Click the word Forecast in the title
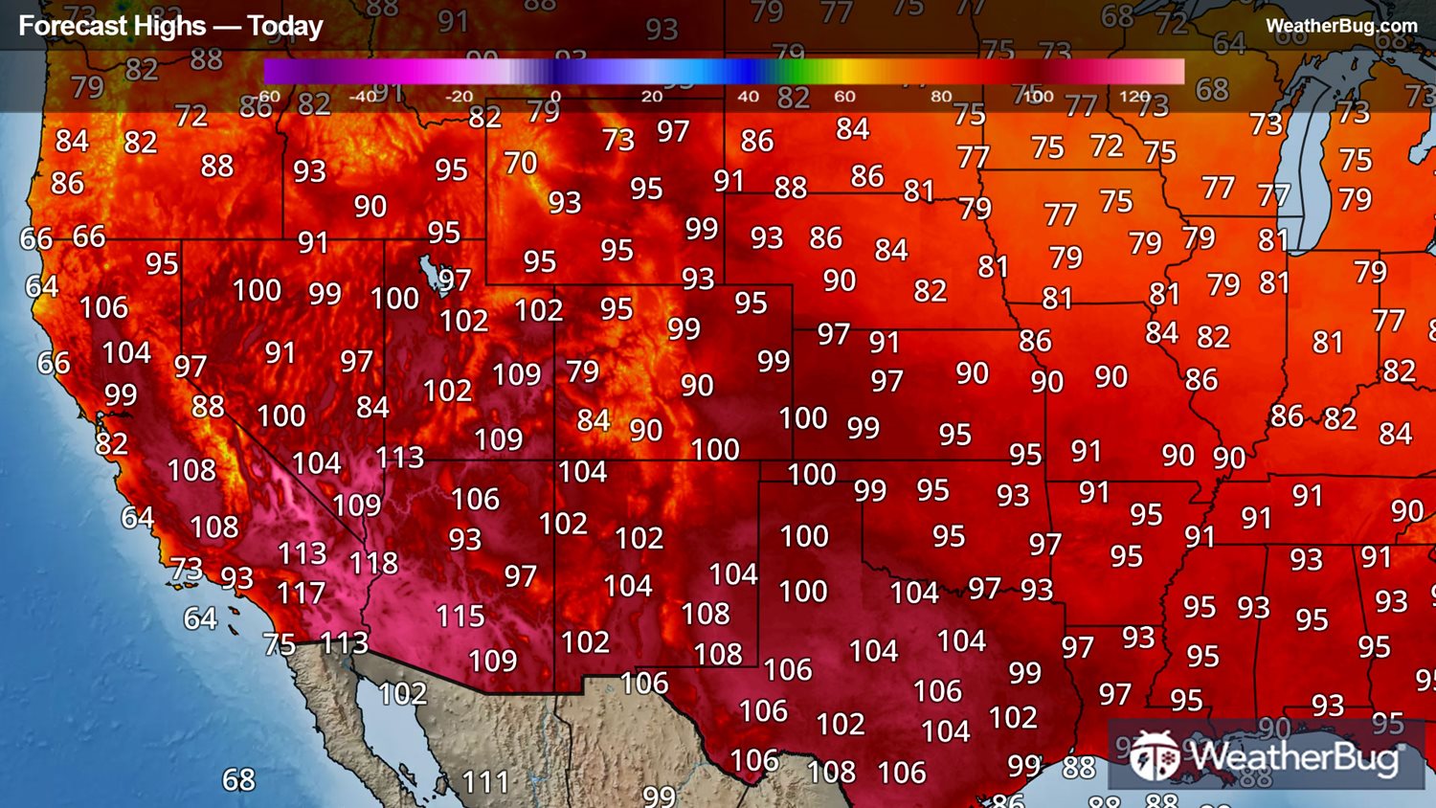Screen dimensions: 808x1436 [x=63, y=26]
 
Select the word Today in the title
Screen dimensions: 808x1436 [x=284, y=26]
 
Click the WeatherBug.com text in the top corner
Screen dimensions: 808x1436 [x=1340, y=26]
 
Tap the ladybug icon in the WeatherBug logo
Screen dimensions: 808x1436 [x=1155, y=756]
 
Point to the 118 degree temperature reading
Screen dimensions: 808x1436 [x=373, y=563]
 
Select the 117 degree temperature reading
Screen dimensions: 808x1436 [x=301, y=594]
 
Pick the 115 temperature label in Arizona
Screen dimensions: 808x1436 [x=460, y=616]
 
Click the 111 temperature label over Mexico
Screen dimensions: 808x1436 [x=485, y=782]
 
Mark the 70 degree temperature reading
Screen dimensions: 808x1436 [x=521, y=163]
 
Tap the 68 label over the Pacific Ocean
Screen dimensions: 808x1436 [x=238, y=780]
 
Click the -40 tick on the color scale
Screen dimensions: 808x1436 [x=362, y=97]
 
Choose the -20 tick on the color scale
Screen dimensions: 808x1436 [x=459, y=97]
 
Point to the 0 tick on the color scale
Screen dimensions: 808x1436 [x=555, y=97]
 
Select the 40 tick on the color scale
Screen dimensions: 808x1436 [x=748, y=97]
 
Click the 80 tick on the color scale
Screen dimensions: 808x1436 [x=941, y=97]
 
